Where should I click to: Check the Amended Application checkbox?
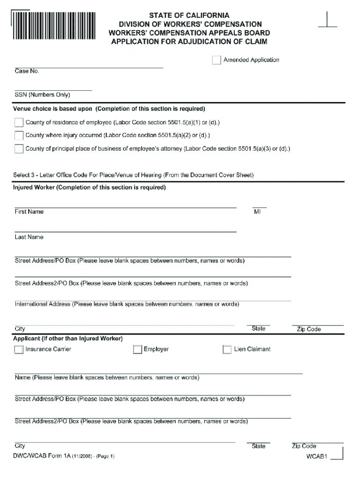(x=216, y=60)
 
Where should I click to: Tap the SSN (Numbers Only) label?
(x=42, y=95)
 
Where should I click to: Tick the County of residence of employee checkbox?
(x=19, y=123)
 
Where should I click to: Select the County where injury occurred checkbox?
(x=19, y=136)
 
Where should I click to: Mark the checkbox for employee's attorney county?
(x=19, y=149)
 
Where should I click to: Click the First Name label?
(x=29, y=212)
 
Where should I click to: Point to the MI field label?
(x=257, y=212)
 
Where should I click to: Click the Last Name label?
(x=29, y=237)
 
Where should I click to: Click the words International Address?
(x=43, y=304)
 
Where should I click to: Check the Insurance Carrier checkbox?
(x=19, y=349)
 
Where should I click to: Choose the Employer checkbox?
(x=137, y=349)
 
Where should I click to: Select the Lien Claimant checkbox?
(x=227, y=349)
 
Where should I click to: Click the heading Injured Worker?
(x=35, y=188)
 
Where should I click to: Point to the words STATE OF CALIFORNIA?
(x=189, y=15)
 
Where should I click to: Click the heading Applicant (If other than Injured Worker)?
(x=68, y=338)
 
